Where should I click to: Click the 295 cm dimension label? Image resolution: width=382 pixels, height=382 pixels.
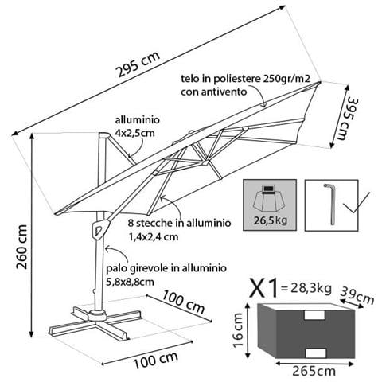(x=138, y=64)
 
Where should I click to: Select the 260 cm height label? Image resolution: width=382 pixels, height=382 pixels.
(x=22, y=247)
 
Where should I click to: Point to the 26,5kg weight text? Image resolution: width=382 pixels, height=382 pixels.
(x=271, y=220)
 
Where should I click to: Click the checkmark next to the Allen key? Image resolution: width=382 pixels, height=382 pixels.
(x=356, y=203)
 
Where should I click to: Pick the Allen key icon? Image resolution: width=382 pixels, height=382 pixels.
(x=330, y=205)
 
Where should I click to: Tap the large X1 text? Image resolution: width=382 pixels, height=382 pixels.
(x=264, y=288)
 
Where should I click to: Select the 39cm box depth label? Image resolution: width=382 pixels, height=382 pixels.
(x=357, y=295)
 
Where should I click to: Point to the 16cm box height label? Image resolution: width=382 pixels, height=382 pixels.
(x=237, y=330)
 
